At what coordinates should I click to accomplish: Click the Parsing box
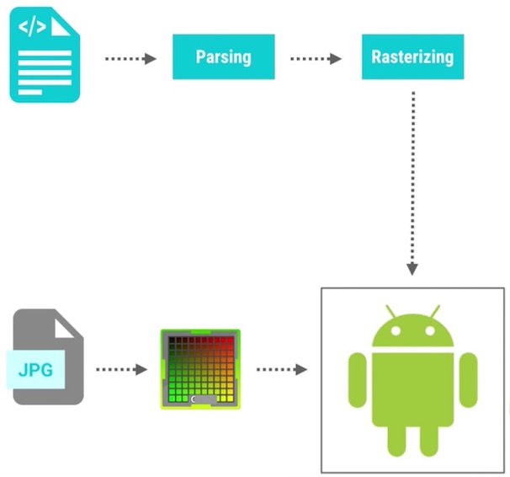click(x=223, y=57)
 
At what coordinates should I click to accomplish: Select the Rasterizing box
click(x=412, y=57)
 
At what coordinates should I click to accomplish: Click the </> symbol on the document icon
click(x=32, y=26)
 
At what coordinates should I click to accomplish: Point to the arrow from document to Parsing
click(x=131, y=59)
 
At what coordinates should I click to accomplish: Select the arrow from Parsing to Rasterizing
click(x=316, y=59)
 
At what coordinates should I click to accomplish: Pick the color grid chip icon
click(x=200, y=369)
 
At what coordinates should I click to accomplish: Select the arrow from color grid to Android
click(x=281, y=370)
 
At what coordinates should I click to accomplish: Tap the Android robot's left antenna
click(x=389, y=311)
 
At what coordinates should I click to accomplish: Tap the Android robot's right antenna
click(x=436, y=311)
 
